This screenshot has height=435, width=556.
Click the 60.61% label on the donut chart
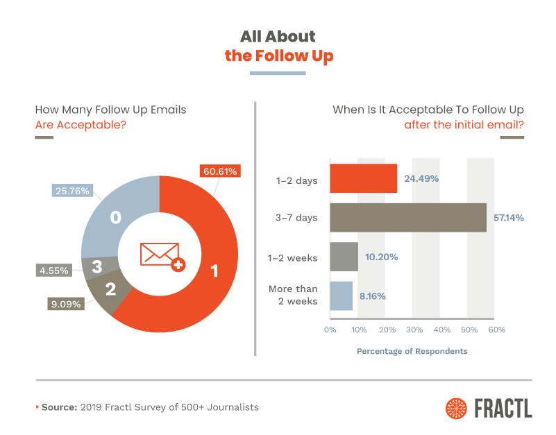click(220, 171)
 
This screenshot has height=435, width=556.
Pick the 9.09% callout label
click(66, 303)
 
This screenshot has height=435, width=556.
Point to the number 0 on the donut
click(116, 218)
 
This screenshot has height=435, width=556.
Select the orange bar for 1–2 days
click(363, 178)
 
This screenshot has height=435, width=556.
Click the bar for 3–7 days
click(408, 217)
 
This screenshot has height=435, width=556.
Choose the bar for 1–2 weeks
click(344, 257)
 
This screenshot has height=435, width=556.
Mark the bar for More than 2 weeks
click(341, 296)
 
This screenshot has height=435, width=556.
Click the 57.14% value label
click(508, 218)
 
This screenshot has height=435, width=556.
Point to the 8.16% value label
click(373, 296)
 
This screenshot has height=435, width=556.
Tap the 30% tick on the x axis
click(413, 330)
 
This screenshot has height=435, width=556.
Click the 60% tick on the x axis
click(496, 330)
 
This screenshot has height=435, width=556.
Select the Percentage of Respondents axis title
click(412, 351)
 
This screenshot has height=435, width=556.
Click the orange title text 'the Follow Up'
click(279, 56)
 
